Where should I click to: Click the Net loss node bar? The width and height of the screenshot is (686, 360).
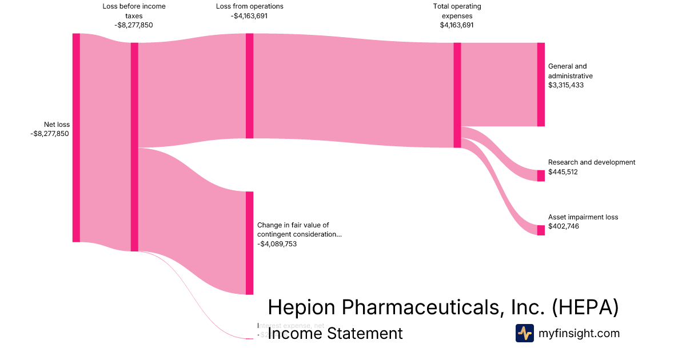point(76,138)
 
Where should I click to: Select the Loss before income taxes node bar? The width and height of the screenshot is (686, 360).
point(134,147)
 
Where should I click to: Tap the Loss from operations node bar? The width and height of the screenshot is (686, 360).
point(249,86)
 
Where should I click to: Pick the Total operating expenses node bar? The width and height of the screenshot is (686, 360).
point(457,95)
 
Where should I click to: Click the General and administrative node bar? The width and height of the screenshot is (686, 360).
point(541,85)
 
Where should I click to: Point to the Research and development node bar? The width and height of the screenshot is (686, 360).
point(541,175)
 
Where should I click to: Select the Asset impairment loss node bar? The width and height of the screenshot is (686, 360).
point(541,230)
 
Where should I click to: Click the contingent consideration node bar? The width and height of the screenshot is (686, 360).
point(249,243)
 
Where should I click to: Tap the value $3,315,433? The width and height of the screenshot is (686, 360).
point(566,85)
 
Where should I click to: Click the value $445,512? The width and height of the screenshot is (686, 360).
point(563,172)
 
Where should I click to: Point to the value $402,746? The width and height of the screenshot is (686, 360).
point(563,227)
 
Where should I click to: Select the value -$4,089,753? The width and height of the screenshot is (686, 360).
point(277,244)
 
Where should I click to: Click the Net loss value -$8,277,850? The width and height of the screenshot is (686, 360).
point(50,134)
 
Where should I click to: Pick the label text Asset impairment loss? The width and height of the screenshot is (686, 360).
point(583,217)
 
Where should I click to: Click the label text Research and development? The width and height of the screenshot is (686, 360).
point(591,162)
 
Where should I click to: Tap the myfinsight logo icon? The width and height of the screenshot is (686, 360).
point(524,333)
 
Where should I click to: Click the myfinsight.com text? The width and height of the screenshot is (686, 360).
point(579,333)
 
